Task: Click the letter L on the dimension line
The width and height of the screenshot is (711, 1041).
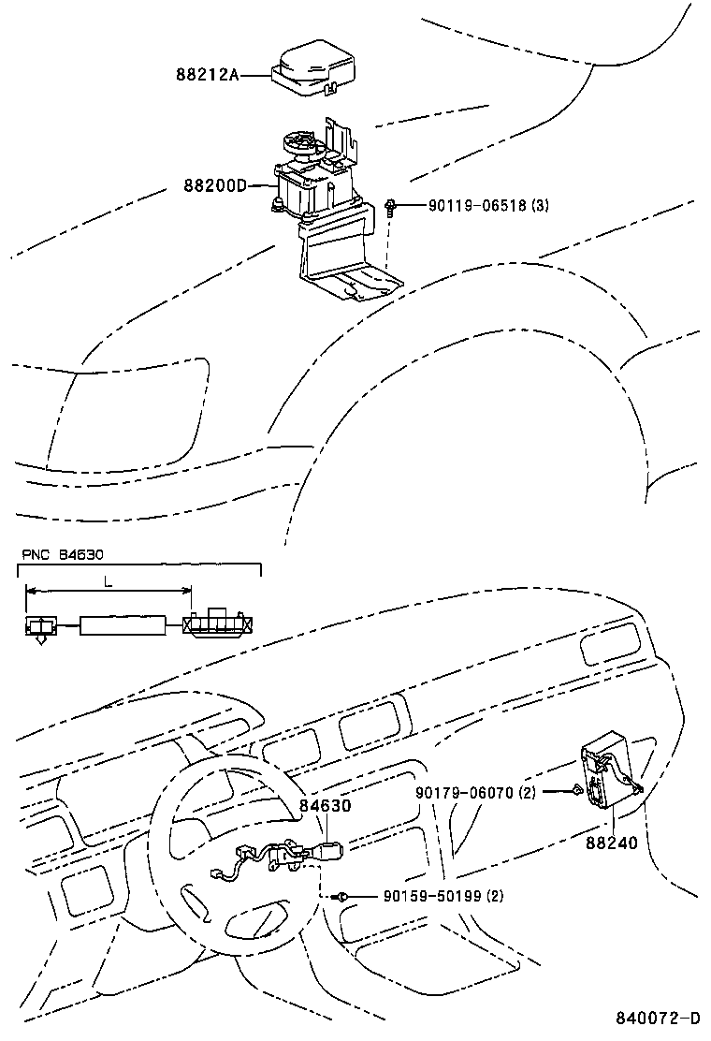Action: [x=109, y=581]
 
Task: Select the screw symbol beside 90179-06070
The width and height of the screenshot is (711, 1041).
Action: [x=576, y=792]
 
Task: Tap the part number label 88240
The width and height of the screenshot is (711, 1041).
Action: [x=612, y=843]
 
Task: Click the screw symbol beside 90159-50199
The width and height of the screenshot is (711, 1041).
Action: [x=344, y=897]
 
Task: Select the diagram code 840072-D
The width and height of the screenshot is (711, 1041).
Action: [x=658, y=1019]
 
